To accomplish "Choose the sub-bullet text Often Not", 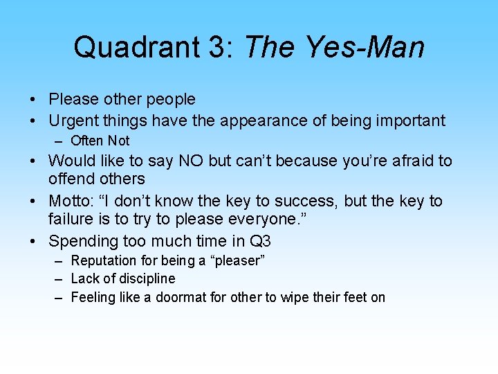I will tap(100, 141).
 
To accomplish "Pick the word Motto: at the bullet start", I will tap(72, 202).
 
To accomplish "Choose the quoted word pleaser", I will tap(237, 261).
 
